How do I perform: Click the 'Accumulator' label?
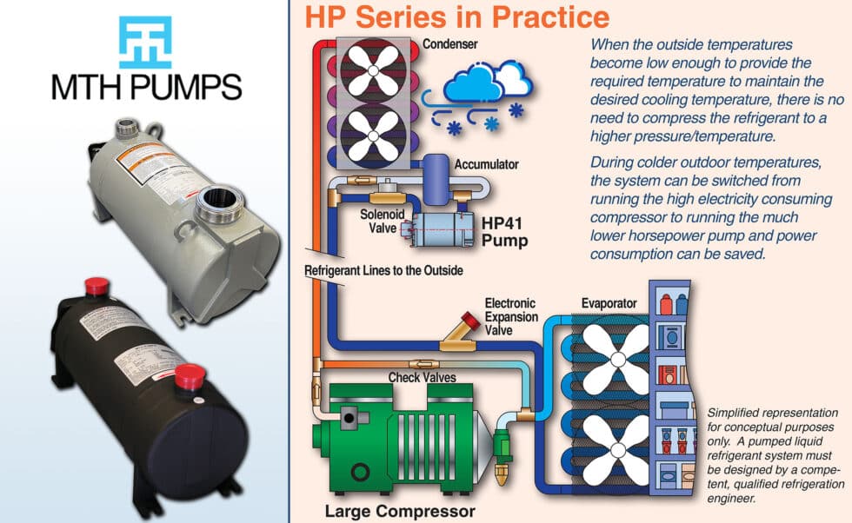[487, 163]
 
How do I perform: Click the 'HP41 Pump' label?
[503, 231]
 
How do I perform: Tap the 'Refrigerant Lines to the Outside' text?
[383, 271]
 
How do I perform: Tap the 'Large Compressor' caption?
[400, 511]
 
